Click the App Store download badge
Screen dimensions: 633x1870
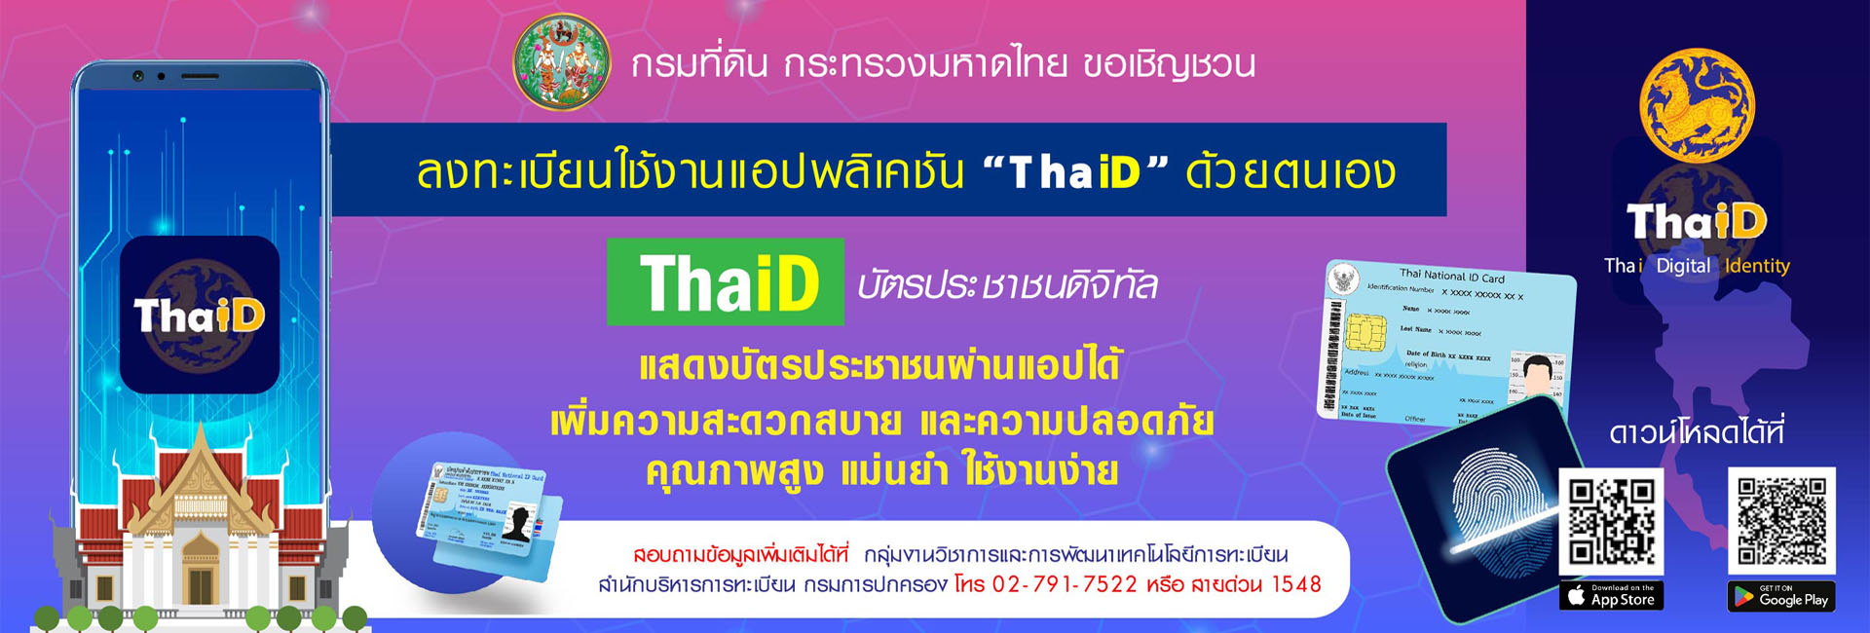(1611, 596)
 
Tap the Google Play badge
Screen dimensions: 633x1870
(1781, 596)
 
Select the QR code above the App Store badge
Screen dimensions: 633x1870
(1611, 521)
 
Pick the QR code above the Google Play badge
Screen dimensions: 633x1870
(1781, 521)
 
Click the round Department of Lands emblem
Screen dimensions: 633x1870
(562, 62)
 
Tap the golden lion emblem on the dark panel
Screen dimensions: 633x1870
(1697, 105)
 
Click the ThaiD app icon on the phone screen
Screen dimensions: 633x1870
(200, 315)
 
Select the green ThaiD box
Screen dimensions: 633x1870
(726, 282)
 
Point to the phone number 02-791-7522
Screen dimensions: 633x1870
(1064, 584)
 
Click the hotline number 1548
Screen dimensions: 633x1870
(1296, 584)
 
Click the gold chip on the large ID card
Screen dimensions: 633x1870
(1365, 333)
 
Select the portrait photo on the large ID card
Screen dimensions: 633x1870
(1537, 375)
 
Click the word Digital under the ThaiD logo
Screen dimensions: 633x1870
(1682, 266)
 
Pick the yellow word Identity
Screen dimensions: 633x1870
(1757, 266)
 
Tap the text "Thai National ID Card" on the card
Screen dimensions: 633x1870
(1451, 276)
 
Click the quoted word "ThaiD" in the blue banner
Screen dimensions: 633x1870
(1075, 172)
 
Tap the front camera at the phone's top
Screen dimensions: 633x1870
(138, 76)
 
